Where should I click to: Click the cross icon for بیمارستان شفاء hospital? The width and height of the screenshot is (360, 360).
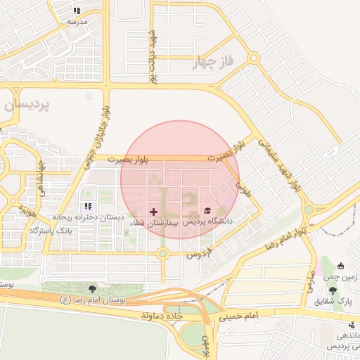click(x=154, y=211)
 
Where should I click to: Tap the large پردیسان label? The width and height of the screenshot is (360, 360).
click(x=27, y=105)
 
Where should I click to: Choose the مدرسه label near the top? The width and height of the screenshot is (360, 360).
click(x=77, y=22)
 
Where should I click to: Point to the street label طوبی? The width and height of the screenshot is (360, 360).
click(x=243, y=189)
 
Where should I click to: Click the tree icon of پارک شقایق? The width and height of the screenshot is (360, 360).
click(x=333, y=290)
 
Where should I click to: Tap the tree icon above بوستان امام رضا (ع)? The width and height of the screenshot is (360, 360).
click(x=92, y=288)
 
